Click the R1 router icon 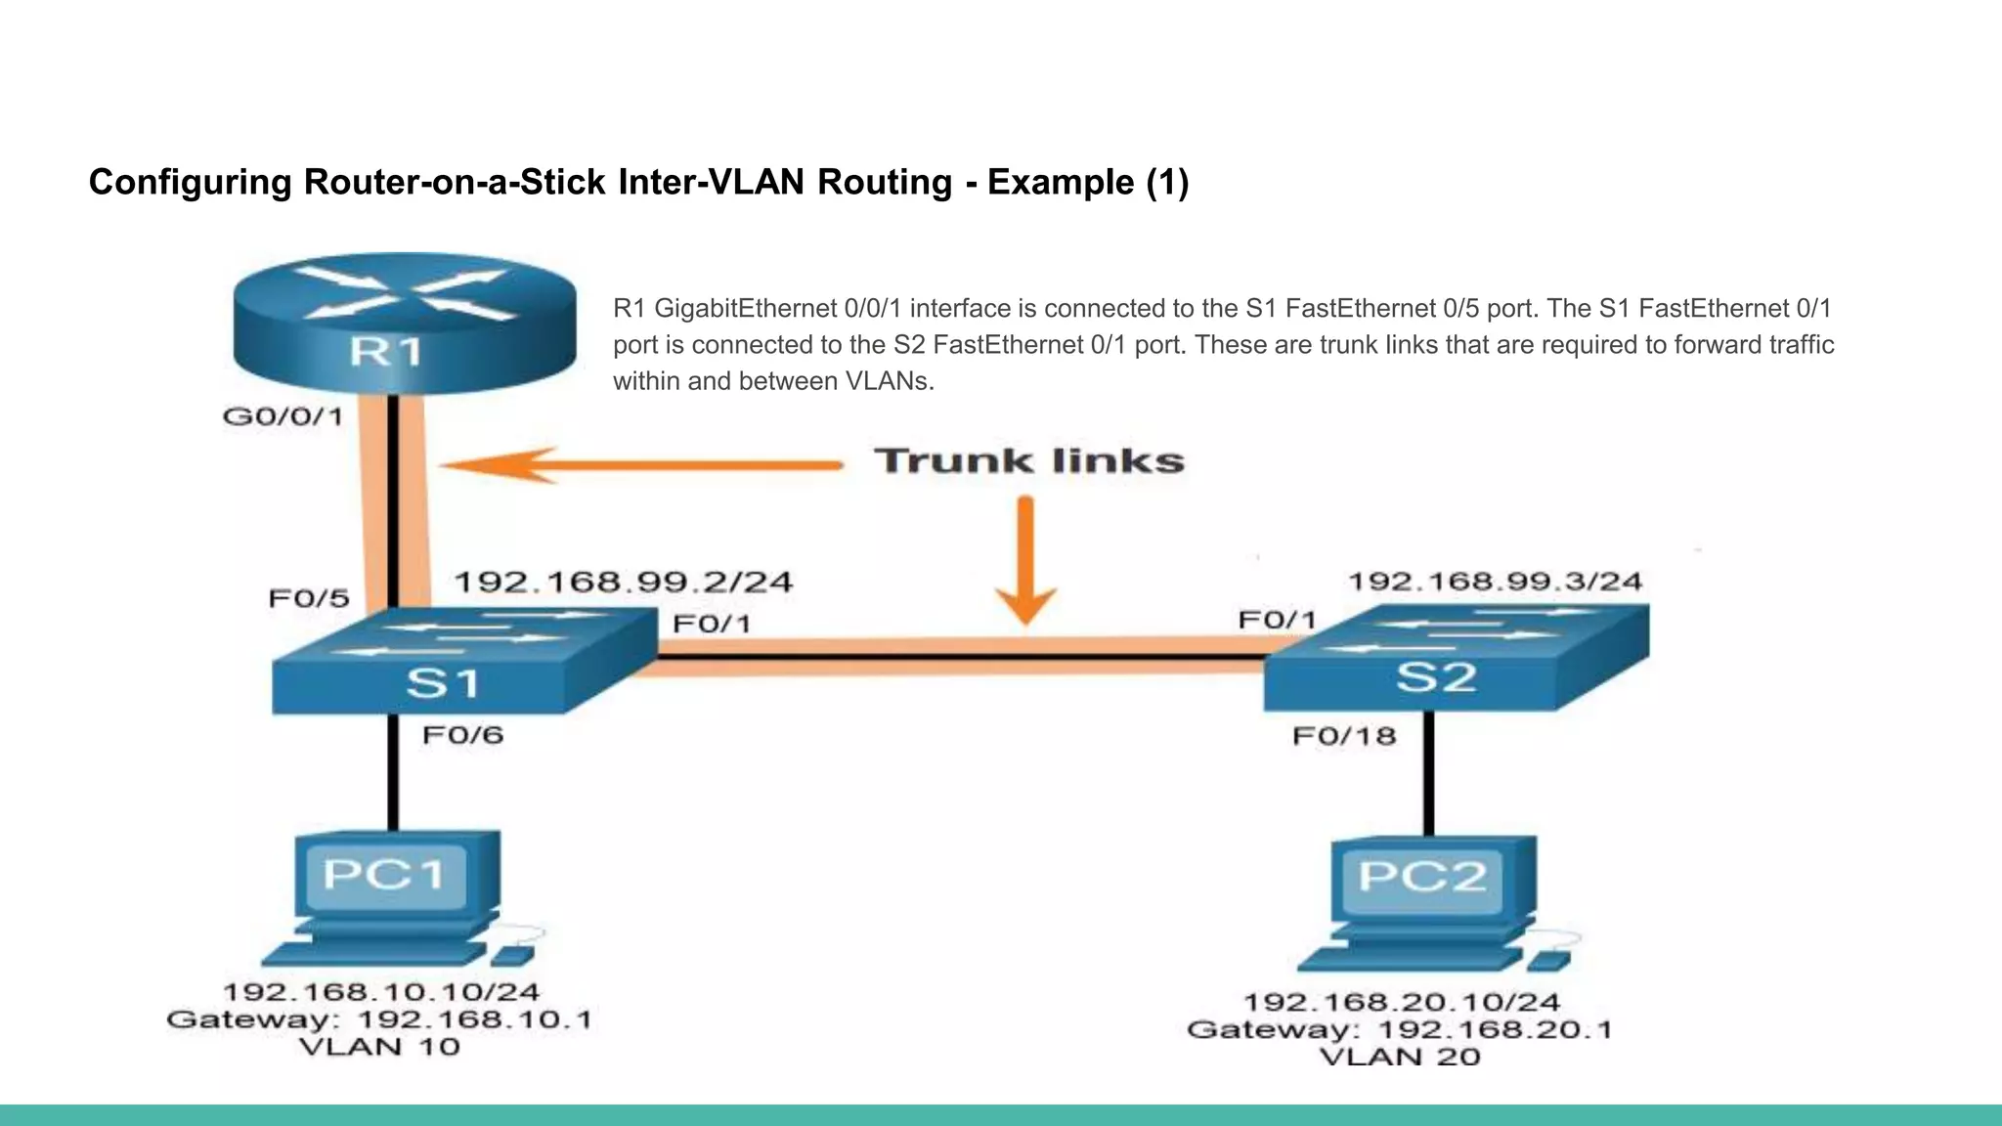coord(405,323)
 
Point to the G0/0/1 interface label coord(283,417)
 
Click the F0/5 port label coord(309,598)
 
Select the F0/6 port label coord(462,735)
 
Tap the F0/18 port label coord(1344,736)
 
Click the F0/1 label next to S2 coord(1277,620)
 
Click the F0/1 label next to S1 coord(712,624)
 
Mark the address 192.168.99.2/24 coord(624,583)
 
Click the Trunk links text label coord(1028,460)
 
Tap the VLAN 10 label coord(379,1047)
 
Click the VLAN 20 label coord(1399,1057)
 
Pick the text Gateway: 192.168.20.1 coord(1399,1029)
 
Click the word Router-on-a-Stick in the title coord(457,183)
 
